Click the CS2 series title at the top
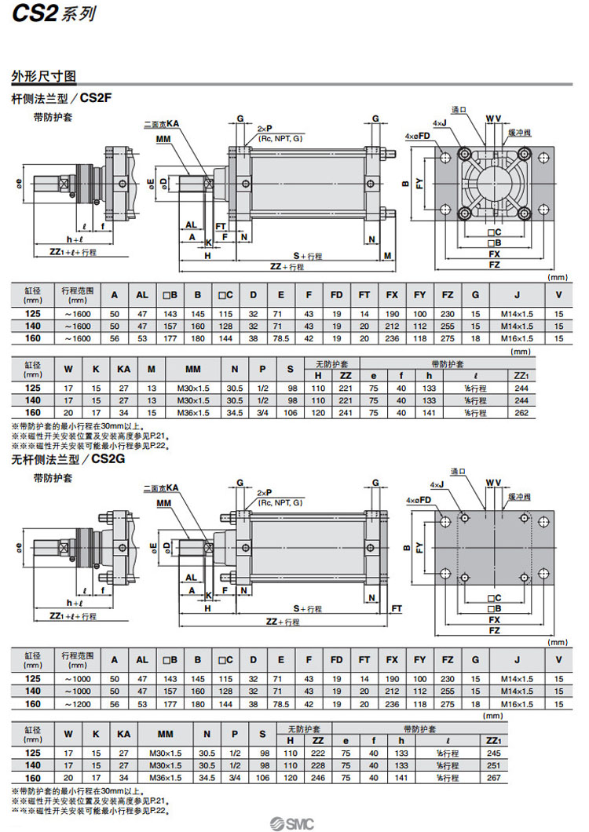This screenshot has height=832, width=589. (49, 13)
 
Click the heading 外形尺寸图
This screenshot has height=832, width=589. (43, 77)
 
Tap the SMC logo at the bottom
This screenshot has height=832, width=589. (293, 823)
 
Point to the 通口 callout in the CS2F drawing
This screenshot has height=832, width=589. (459, 110)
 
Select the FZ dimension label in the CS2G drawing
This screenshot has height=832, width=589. (494, 630)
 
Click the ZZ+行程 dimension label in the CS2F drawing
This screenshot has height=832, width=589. (287, 267)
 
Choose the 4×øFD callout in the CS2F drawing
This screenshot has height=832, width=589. (418, 136)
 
